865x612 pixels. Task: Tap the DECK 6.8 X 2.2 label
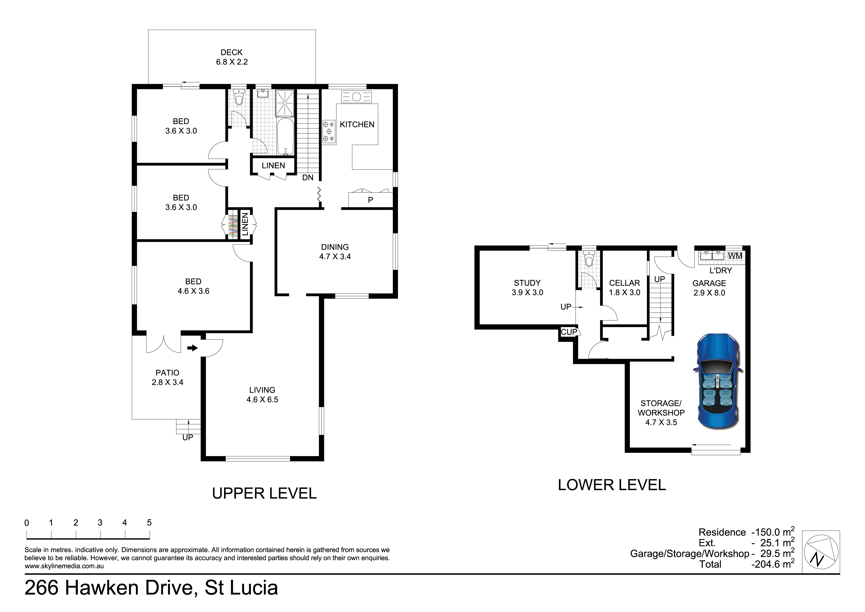pyautogui.click(x=232, y=57)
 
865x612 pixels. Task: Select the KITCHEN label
pyautogui.click(x=357, y=124)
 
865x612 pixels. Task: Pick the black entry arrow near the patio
pyautogui.click(x=192, y=348)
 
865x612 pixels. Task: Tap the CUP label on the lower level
pyautogui.click(x=569, y=332)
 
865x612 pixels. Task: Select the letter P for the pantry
pyautogui.click(x=370, y=200)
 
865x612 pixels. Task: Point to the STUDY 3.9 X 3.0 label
pyautogui.click(x=527, y=287)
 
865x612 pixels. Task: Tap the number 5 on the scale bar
pyautogui.click(x=149, y=523)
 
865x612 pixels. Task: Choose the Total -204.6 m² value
pyautogui.click(x=772, y=564)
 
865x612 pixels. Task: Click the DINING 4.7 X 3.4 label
pyautogui.click(x=335, y=252)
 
